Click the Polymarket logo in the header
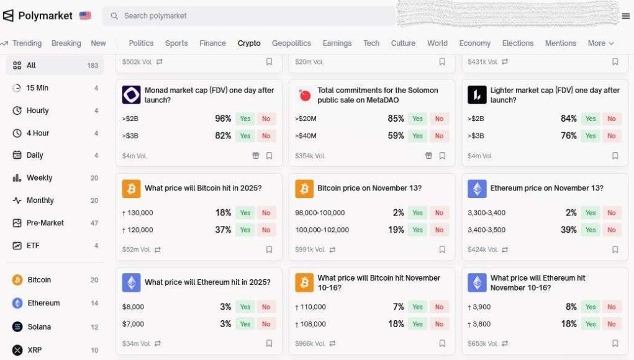click(38, 16)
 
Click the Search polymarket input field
click(248, 16)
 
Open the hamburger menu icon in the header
click(625, 16)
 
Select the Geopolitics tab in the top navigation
click(291, 43)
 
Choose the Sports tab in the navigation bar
click(176, 43)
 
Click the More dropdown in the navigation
click(600, 43)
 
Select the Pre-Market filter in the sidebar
click(45, 223)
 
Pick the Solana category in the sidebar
click(39, 326)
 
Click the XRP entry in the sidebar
click(35, 350)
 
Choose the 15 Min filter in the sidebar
click(37, 88)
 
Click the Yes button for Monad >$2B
click(245, 119)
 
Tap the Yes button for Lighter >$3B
click(591, 136)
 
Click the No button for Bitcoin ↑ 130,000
click(266, 213)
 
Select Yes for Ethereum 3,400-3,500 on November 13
click(591, 230)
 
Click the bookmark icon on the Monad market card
click(269, 156)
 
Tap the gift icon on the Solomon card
click(428, 156)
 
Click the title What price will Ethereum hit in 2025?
click(207, 282)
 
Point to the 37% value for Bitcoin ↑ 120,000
click(223, 230)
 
